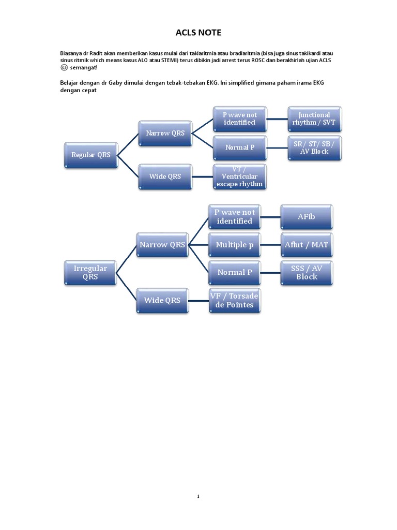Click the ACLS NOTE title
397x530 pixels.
click(x=198, y=33)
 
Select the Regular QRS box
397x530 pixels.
click(x=90, y=155)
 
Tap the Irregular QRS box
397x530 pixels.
click(x=90, y=272)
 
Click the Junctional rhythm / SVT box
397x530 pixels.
click(x=314, y=119)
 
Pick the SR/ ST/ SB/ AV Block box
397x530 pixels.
click(x=314, y=148)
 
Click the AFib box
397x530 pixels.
click(x=306, y=216)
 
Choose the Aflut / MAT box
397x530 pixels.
click(x=306, y=244)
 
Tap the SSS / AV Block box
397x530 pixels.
click(x=306, y=272)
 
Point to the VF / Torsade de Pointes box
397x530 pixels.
click(x=235, y=300)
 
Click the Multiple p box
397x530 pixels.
click(x=235, y=244)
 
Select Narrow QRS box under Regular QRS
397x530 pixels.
click(x=165, y=133)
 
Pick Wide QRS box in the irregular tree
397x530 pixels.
click(x=162, y=300)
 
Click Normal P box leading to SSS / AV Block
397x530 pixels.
click(x=235, y=272)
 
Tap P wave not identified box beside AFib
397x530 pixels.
click(x=235, y=216)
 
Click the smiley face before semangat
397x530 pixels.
click(x=64, y=68)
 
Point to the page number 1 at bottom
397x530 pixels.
click(x=198, y=496)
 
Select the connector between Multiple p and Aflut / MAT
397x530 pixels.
click(x=270, y=244)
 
